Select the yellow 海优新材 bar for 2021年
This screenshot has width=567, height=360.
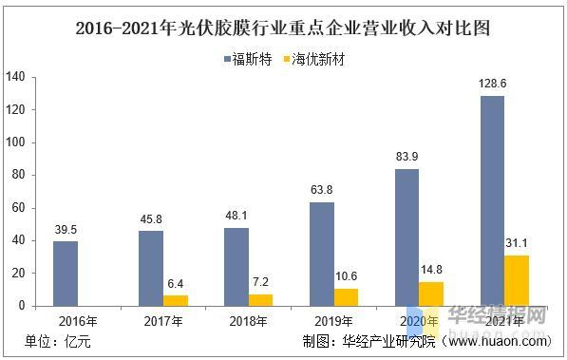(517, 280)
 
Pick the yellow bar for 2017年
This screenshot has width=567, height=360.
(175, 300)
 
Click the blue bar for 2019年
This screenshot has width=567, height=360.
(321, 254)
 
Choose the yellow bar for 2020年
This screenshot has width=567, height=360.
(431, 294)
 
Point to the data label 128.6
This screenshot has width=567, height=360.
(492, 85)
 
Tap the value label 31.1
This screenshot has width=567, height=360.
(517, 244)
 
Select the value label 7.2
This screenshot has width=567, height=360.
(260, 283)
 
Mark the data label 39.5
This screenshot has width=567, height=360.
(65, 230)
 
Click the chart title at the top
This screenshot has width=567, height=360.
(283, 28)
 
